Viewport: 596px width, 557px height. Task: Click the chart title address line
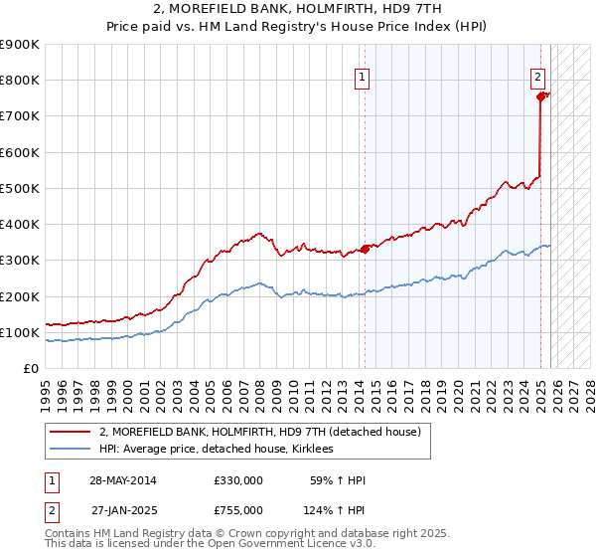pos(298,9)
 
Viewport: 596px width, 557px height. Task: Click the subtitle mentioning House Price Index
pos(298,27)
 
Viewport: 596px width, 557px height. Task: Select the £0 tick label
pos(30,369)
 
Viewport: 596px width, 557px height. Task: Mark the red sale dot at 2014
pos(365,249)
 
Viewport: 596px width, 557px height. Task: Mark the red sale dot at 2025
pos(541,96)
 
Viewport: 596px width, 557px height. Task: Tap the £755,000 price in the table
pos(238,510)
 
